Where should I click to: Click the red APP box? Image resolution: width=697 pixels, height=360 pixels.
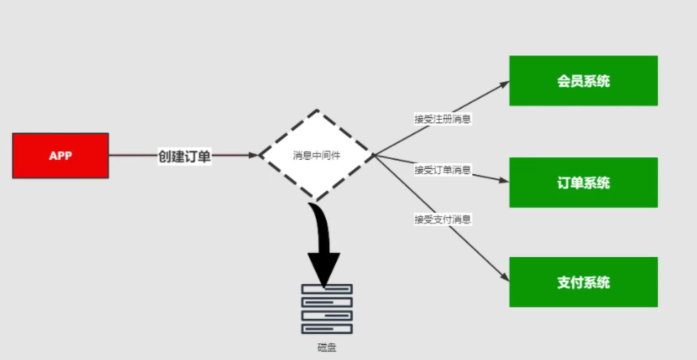tap(60, 156)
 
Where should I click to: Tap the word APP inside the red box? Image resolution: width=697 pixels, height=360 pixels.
tap(60, 156)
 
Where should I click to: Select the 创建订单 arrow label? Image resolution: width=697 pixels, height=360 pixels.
tap(184, 157)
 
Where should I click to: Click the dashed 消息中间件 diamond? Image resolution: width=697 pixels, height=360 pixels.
tap(317, 155)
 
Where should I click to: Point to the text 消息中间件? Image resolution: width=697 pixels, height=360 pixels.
tap(317, 156)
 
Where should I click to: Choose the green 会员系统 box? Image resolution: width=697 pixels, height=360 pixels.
tap(583, 81)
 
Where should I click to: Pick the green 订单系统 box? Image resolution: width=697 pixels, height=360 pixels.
tap(583, 182)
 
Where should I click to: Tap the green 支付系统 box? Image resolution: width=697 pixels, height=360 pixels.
tap(583, 282)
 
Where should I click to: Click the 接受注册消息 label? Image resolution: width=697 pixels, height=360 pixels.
tap(442, 119)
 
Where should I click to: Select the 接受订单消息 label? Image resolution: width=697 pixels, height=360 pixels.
tap(442, 170)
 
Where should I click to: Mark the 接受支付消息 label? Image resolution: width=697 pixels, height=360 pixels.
tap(442, 219)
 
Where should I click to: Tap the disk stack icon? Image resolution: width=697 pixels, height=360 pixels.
tap(327, 308)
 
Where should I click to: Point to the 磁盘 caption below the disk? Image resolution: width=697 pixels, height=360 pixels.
tap(327, 348)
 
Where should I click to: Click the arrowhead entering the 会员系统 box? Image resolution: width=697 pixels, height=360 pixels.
tap(504, 84)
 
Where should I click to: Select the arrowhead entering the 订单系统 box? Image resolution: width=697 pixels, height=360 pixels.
tap(504, 181)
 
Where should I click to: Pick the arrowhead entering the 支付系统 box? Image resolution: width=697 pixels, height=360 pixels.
tap(505, 278)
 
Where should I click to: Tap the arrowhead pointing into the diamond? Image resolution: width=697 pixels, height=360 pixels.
tap(253, 155)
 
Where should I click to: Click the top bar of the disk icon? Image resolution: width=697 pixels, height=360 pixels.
tap(327, 289)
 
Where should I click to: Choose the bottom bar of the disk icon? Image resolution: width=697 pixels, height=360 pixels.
tap(327, 328)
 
